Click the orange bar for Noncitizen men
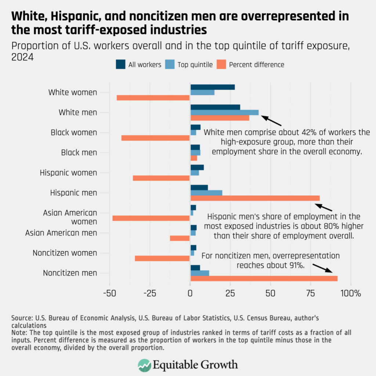[x=264, y=278]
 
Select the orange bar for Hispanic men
[x=255, y=198]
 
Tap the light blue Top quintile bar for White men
[x=224, y=112]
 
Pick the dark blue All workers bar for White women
[x=213, y=87]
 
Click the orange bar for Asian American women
[x=151, y=218]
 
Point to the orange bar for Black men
[x=194, y=158]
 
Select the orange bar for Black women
[x=156, y=138]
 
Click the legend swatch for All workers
[x=120, y=65]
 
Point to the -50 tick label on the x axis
[x=109, y=294]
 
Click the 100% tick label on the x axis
[x=351, y=294]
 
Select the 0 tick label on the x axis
[x=190, y=294]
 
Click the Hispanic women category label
[x=68, y=173]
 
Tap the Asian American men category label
[x=61, y=233]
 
